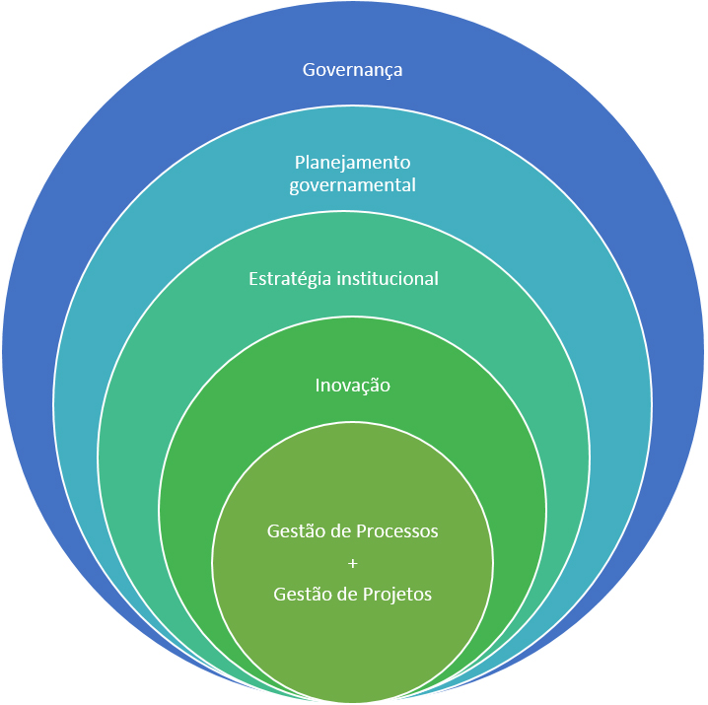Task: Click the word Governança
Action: (352, 70)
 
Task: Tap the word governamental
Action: (352, 184)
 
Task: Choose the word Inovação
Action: (352, 385)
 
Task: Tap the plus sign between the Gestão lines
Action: (352, 563)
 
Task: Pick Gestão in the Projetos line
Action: (299, 595)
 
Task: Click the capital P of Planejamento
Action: (300, 162)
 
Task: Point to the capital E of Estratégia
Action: (252, 279)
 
